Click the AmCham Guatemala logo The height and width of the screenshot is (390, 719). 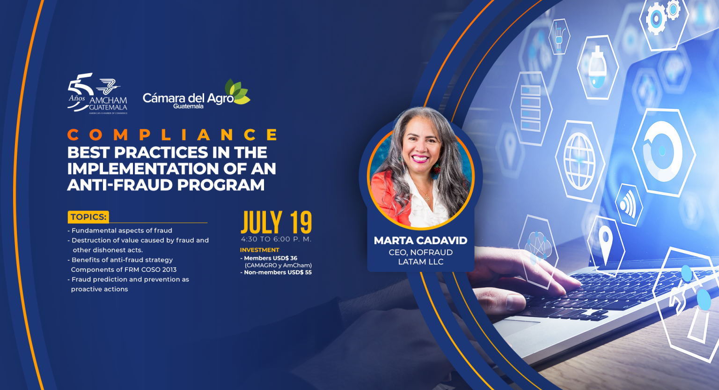point(97,93)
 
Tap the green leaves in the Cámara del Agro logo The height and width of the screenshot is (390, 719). point(237,91)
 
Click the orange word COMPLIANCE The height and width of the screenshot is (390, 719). point(173,135)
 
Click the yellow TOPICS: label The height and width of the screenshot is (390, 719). point(88,217)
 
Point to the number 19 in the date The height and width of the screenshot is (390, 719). point(301,223)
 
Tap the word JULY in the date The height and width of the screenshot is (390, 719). point(262,223)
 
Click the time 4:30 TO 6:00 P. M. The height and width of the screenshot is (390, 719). point(276,239)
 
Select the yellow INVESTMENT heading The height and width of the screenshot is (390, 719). point(260,250)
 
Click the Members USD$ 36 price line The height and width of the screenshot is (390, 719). point(269,258)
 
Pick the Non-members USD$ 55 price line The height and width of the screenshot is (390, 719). point(276,272)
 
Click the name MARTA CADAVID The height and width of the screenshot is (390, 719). point(420,240)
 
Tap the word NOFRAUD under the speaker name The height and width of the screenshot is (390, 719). point(432,252)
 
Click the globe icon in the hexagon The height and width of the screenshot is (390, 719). point(580,161)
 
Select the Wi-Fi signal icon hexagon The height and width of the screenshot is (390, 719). point(629,205)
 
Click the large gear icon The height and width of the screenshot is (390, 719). point(656,19)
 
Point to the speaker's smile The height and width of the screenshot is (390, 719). point(420,158)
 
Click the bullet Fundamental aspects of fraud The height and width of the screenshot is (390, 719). point(120,231)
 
